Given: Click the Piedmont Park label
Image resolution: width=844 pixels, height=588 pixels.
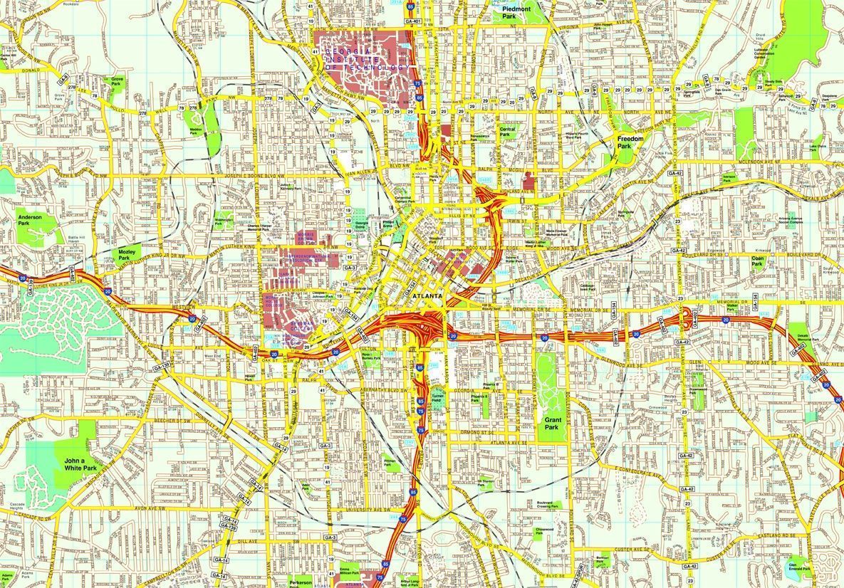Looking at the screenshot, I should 516,12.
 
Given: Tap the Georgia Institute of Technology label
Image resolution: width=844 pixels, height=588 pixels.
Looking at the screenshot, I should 368,59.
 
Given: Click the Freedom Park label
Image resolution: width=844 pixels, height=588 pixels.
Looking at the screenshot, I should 630,142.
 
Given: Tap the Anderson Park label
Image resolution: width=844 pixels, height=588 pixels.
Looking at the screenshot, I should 30,220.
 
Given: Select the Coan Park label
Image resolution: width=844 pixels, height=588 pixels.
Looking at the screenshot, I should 757,261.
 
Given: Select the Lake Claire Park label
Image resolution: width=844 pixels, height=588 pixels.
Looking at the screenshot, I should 817,148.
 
